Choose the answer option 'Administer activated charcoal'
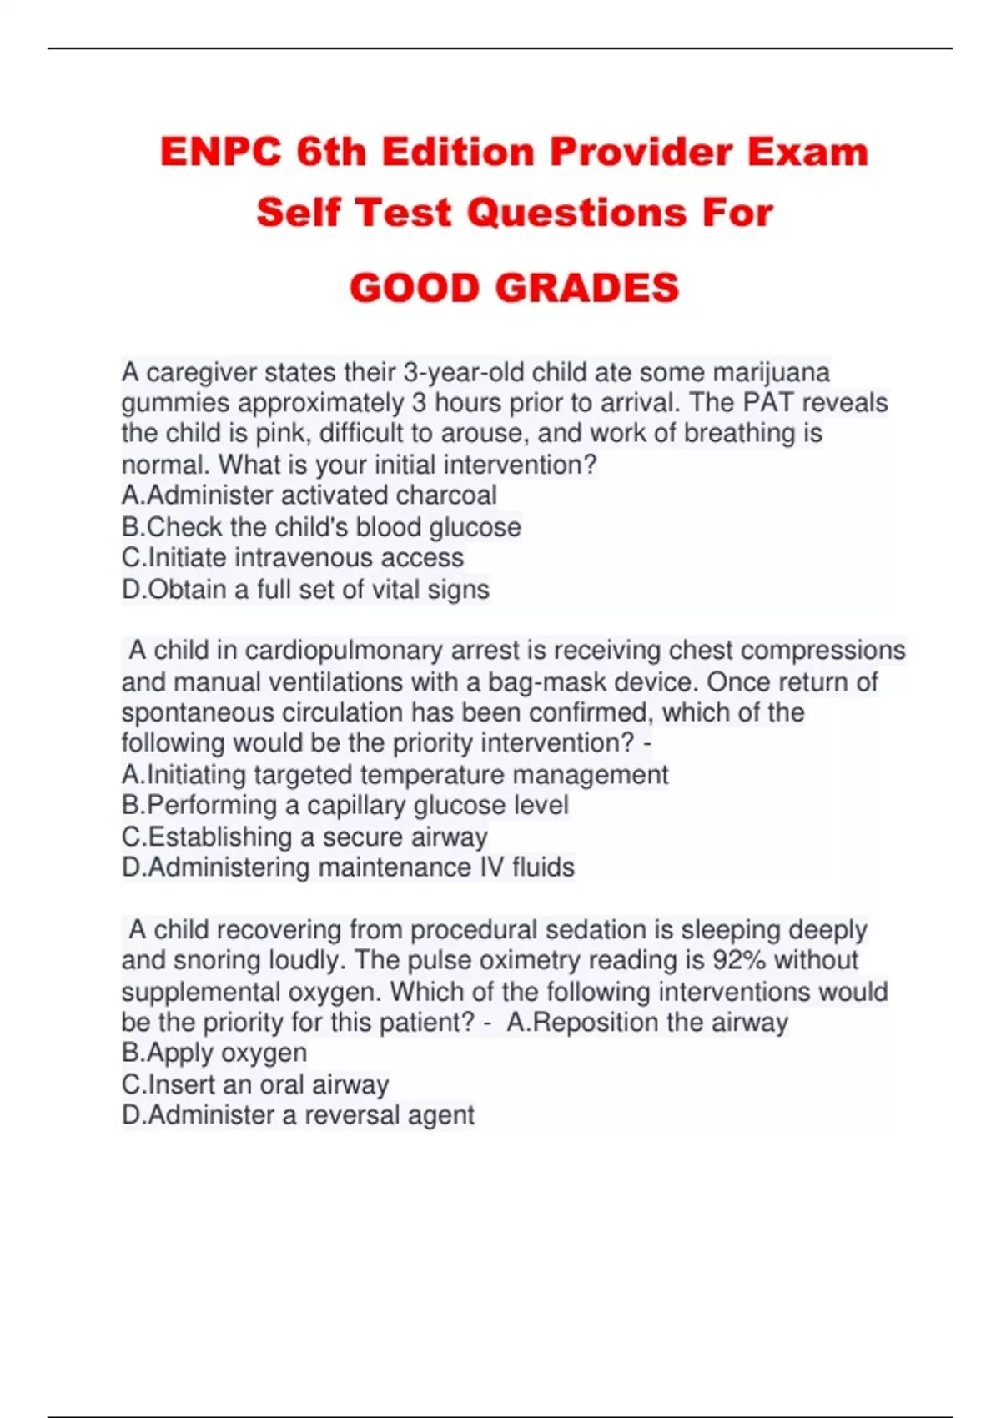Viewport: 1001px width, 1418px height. coord(309,495)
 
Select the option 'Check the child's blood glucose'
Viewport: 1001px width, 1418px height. coord(321,527)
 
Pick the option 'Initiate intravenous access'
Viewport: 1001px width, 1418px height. coord(293,558)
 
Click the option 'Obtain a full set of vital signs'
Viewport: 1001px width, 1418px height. coord(305,590)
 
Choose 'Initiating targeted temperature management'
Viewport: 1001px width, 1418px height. coord(395,775)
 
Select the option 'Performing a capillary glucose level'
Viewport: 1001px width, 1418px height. coord(345,806)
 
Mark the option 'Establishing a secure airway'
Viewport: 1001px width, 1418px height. coord(304,837)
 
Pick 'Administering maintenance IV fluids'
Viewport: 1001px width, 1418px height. coord(348,868)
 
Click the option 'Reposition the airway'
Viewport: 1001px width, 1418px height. coord(647,1023)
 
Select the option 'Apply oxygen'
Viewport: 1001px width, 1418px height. coord(214,1053)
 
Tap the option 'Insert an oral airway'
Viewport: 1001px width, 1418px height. coord(255,1084)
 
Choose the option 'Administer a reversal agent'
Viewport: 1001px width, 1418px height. coord(298,1115)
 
